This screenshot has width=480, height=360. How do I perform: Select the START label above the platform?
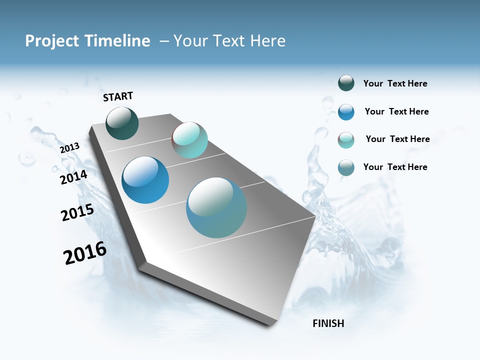pos(118,96)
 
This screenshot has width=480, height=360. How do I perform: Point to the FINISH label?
pos(328,323)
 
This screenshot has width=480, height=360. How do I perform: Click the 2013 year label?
pos(69,148)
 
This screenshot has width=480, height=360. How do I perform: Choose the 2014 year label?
pos(73,177)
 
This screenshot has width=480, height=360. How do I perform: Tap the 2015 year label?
pos(77,212)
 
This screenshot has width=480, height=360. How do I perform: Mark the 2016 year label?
pos(85,253)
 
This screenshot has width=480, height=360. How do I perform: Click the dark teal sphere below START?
pos(122,123)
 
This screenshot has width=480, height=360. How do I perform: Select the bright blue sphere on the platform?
pos(145,180)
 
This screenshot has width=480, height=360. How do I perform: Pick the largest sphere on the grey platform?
pos(216,207)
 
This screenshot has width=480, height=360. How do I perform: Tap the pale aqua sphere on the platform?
pos(190,140)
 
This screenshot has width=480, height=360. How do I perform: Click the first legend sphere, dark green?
pos(346,83)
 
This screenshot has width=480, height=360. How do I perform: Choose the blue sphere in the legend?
pos(346,112)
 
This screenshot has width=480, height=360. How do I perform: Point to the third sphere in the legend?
pos(346,140)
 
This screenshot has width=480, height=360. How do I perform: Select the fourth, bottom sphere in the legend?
pos(346,167)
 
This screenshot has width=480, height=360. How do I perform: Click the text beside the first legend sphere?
pos(395,84)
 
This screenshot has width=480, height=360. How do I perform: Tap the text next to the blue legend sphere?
pos(396,111)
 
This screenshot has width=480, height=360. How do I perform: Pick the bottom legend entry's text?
pos(395,167)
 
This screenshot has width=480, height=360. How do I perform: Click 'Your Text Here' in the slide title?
pos(229,41)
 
